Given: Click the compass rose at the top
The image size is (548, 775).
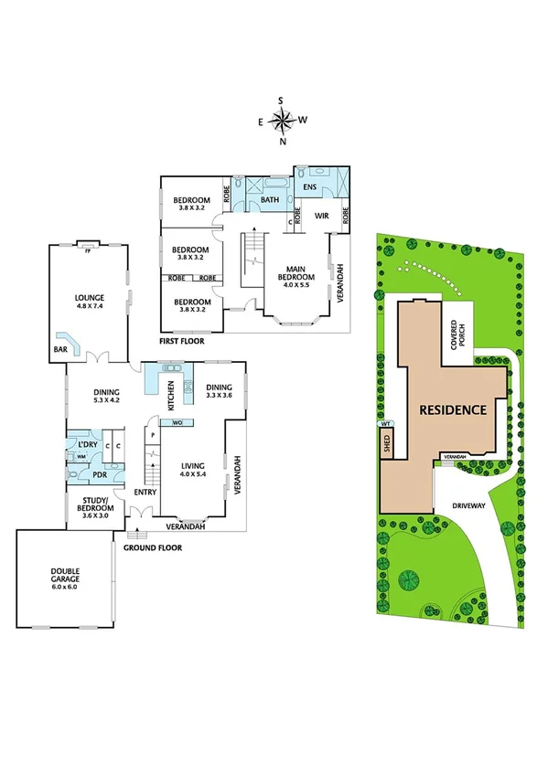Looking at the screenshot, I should click(x=284, y=120).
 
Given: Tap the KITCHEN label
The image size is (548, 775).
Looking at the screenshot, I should click(x=169, y=395).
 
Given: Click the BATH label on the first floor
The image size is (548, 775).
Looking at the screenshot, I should click(x=270, y=200).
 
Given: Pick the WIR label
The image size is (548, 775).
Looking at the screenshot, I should click(x=321, y=217).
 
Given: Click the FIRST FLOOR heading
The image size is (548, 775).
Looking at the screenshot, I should click(x=182, y=340).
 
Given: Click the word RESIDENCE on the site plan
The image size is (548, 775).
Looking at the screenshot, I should click(x=452, y=409).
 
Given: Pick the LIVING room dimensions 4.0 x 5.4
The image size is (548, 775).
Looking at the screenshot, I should click(x=193, y=474).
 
